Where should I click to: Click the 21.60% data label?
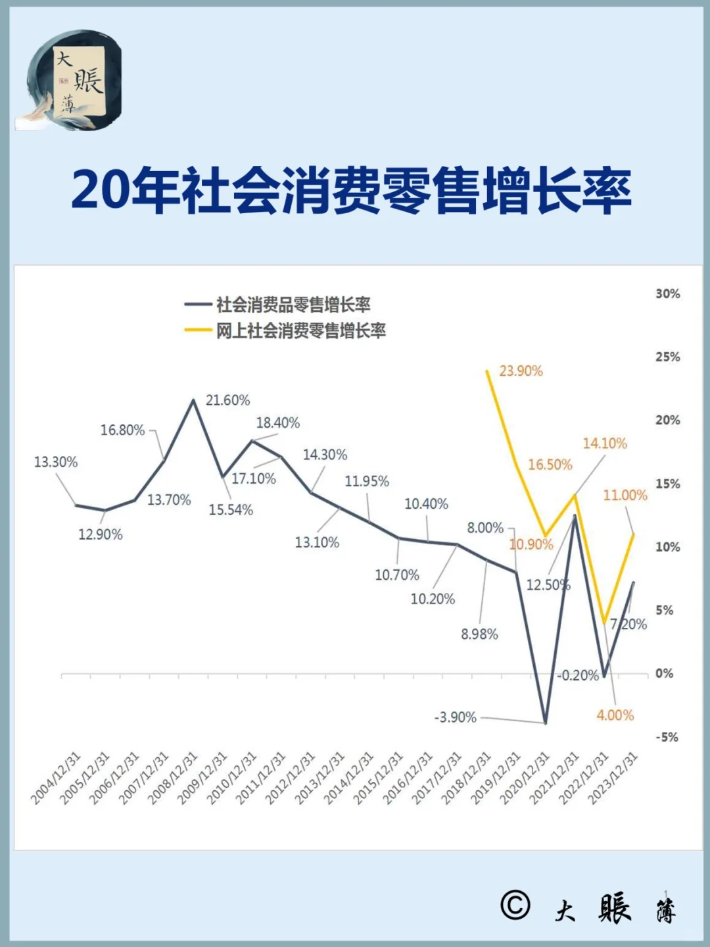pos(227,400)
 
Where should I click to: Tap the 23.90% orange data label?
pos(521,371)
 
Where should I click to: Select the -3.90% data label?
pos(455,717)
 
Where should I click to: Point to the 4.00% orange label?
pos(615,715)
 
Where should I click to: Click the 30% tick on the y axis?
pos(667,294)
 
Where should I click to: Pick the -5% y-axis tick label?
pos(667,737)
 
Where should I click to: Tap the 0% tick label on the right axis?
pos(664,674)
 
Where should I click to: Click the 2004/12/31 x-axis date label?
pos(56,778)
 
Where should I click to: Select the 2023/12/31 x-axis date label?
pos(613,778)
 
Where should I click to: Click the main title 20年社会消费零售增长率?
pos(352,191)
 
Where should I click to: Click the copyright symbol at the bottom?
pos(515,905)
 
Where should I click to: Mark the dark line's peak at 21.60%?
pos(193,399)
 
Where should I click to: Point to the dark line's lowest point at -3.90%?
pos(545,723)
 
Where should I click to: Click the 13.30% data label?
pos(56,463)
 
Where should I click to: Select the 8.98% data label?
pos(479,634)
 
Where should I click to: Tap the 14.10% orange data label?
pos(605,444)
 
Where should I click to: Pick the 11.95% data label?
pos(367,482)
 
